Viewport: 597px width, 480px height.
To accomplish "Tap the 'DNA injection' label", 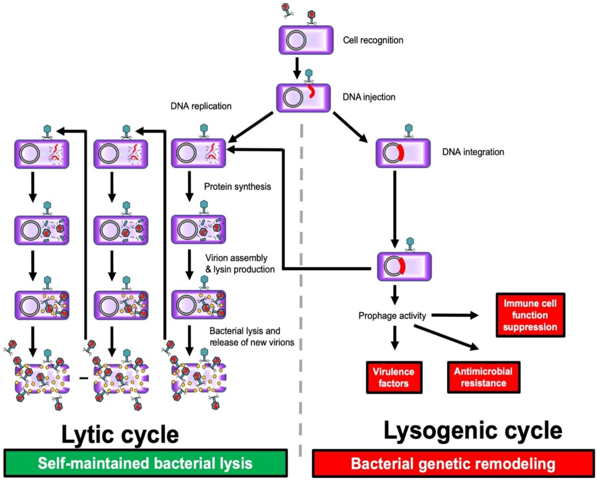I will (369, 97).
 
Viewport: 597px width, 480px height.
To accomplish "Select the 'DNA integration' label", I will (473, 152).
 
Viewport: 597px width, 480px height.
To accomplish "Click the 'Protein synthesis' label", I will (237, 187).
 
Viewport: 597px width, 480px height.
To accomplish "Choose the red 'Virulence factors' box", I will (394, 377).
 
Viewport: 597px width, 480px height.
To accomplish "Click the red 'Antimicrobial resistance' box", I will (483, 377).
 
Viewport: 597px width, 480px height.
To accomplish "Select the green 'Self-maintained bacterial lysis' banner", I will (145, 463).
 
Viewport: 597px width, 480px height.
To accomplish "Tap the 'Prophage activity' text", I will (392, 316).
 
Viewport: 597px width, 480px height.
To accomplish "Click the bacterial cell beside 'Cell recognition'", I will (306, 40).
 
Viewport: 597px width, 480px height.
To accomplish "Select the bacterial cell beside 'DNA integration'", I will (403, 153).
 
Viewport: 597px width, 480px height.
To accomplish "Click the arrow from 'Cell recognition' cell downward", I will (297, 68).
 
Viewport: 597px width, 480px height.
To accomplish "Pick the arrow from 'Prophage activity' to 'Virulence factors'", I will (395, 338).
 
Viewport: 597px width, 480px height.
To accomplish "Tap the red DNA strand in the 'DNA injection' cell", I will (311, 92).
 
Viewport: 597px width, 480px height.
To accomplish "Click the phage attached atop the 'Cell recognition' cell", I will (312, 18).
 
